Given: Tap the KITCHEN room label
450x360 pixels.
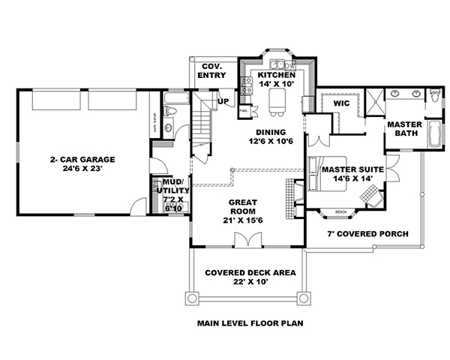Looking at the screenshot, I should click(x=275, y=76).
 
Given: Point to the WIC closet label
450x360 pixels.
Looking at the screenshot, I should click(x=342, y=103).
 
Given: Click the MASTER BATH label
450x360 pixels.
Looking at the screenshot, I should click(x=406, y=129).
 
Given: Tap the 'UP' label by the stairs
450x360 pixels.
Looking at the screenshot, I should click(x=223, y=101).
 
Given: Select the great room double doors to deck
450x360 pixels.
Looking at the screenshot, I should click(x=247, y=240).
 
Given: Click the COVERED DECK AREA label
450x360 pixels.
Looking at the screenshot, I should click(x=250, y=272).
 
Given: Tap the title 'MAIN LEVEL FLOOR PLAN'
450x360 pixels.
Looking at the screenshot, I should click(x=248, y=325).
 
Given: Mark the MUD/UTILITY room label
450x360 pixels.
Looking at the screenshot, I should click(x=173, y=187).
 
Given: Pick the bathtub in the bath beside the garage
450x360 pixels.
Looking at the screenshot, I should click(x=178, y=98).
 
